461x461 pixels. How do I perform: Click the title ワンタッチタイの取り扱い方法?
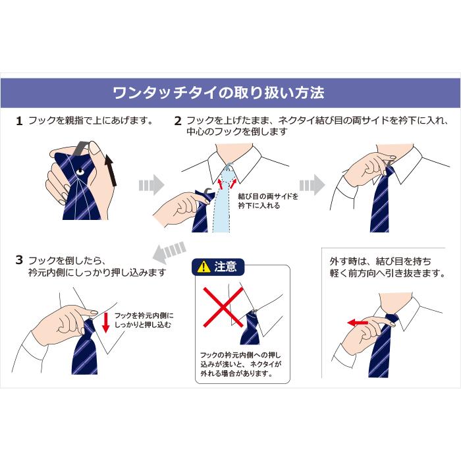pos(219,92)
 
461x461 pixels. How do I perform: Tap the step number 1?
pos(19,121)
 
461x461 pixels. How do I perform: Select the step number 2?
pos(178,121)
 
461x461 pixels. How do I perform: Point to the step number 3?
pos(19,260)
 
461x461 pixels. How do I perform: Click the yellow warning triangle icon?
pos(203,267)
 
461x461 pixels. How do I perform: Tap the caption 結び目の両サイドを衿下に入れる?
pos(267,201)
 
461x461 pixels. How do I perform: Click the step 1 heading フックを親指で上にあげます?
pos(91,121)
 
